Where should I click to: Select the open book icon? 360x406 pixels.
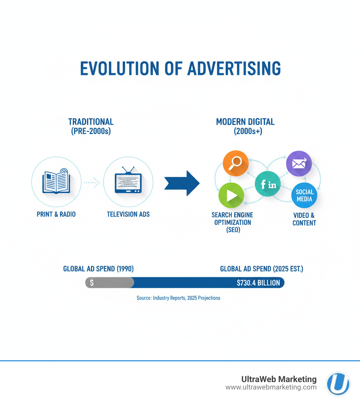click(x=56, y=182)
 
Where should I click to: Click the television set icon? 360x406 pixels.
click(x=128, y=182)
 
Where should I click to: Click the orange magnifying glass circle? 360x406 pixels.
click(x=236, y=163)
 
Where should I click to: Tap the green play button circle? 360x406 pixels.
click(x=231, y=196)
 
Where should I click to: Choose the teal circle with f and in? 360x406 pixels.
click(x=268, y=184)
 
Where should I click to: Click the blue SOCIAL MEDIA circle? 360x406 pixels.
click(x=304, y=196)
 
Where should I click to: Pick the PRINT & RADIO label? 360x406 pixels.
click(x=56, y=214)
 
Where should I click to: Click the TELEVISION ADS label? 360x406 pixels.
click(x=128, y=214)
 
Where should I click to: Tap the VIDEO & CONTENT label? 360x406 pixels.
click(x=304, y=219)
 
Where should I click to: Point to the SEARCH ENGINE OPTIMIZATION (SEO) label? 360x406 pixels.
click(x=232, y=222)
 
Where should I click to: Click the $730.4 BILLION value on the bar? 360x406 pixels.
click(x=258, y=283)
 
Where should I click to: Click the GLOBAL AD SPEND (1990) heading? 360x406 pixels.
click(x=98, y=269)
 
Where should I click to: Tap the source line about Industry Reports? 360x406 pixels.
click(x=178, y=298)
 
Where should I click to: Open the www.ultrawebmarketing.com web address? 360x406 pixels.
click(x=271, y=387)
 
